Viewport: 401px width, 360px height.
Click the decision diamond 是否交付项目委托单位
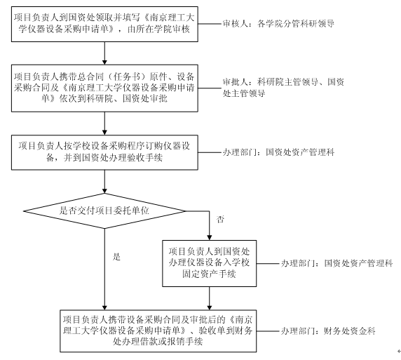(104, 211)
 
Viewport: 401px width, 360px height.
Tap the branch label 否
(220, 219)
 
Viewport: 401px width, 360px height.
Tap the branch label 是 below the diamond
(116, 257)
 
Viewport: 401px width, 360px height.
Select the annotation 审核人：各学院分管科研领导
(278, 24)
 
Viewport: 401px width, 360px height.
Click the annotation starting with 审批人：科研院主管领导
(283, 88)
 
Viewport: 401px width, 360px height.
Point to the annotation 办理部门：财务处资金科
(328, 331)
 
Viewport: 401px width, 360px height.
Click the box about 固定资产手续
(209, 263)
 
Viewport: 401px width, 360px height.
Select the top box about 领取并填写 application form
(104, 24)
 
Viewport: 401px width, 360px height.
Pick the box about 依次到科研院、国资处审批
(104, 88)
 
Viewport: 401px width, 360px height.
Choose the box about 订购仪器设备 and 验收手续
(104, 152)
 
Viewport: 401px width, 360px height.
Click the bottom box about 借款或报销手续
(158, 331)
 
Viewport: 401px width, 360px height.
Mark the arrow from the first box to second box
(104, 53)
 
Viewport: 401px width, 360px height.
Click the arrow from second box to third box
(104, 124)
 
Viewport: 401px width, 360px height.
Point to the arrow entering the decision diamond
(104, 182)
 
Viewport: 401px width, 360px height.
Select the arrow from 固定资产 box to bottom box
(209, 298)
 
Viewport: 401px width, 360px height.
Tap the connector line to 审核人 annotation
(210, 24)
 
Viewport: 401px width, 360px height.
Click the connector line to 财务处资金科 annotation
(268, 331)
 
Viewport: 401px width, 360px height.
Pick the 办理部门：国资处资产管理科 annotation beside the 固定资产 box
(337, 263)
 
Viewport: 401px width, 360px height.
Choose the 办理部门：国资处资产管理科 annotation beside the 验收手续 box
(278, 152)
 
